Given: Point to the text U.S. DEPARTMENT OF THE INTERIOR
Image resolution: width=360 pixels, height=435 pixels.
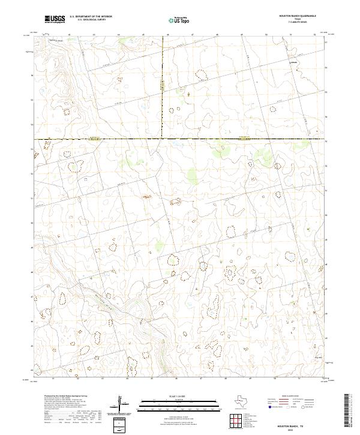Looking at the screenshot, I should [91, 17].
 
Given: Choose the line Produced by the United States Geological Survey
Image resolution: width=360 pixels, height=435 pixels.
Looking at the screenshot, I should [66, 397].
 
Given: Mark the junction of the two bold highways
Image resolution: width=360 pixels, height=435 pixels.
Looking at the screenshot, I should [163, 139].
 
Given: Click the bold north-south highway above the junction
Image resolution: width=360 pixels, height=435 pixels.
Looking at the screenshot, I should [163, 90].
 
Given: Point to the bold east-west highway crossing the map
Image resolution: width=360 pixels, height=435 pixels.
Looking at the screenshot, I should [240, 139].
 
